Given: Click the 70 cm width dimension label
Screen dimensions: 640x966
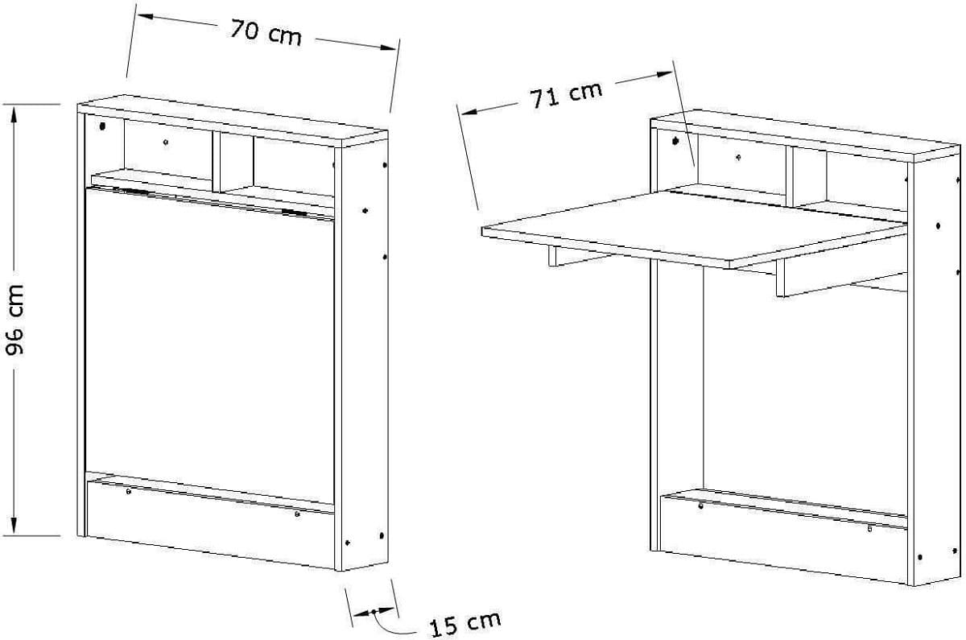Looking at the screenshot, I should pos(266,33).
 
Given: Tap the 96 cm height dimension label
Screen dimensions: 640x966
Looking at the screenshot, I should pos(18,319).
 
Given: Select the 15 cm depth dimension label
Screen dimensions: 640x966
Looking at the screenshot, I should pos(464,624).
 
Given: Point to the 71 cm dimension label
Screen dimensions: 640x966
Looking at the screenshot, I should pos(566,93).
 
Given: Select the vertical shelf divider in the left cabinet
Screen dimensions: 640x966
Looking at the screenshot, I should pos(217,161).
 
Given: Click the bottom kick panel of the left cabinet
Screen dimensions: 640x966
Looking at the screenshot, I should pos(209,523).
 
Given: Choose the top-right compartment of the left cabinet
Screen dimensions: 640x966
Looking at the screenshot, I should pos(291,167).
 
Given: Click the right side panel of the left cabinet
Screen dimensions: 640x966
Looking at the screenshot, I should pos(362,354).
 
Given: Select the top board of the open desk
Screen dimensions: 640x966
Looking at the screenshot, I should pos(805,134).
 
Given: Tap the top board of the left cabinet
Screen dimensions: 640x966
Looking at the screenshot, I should pos(233,122).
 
